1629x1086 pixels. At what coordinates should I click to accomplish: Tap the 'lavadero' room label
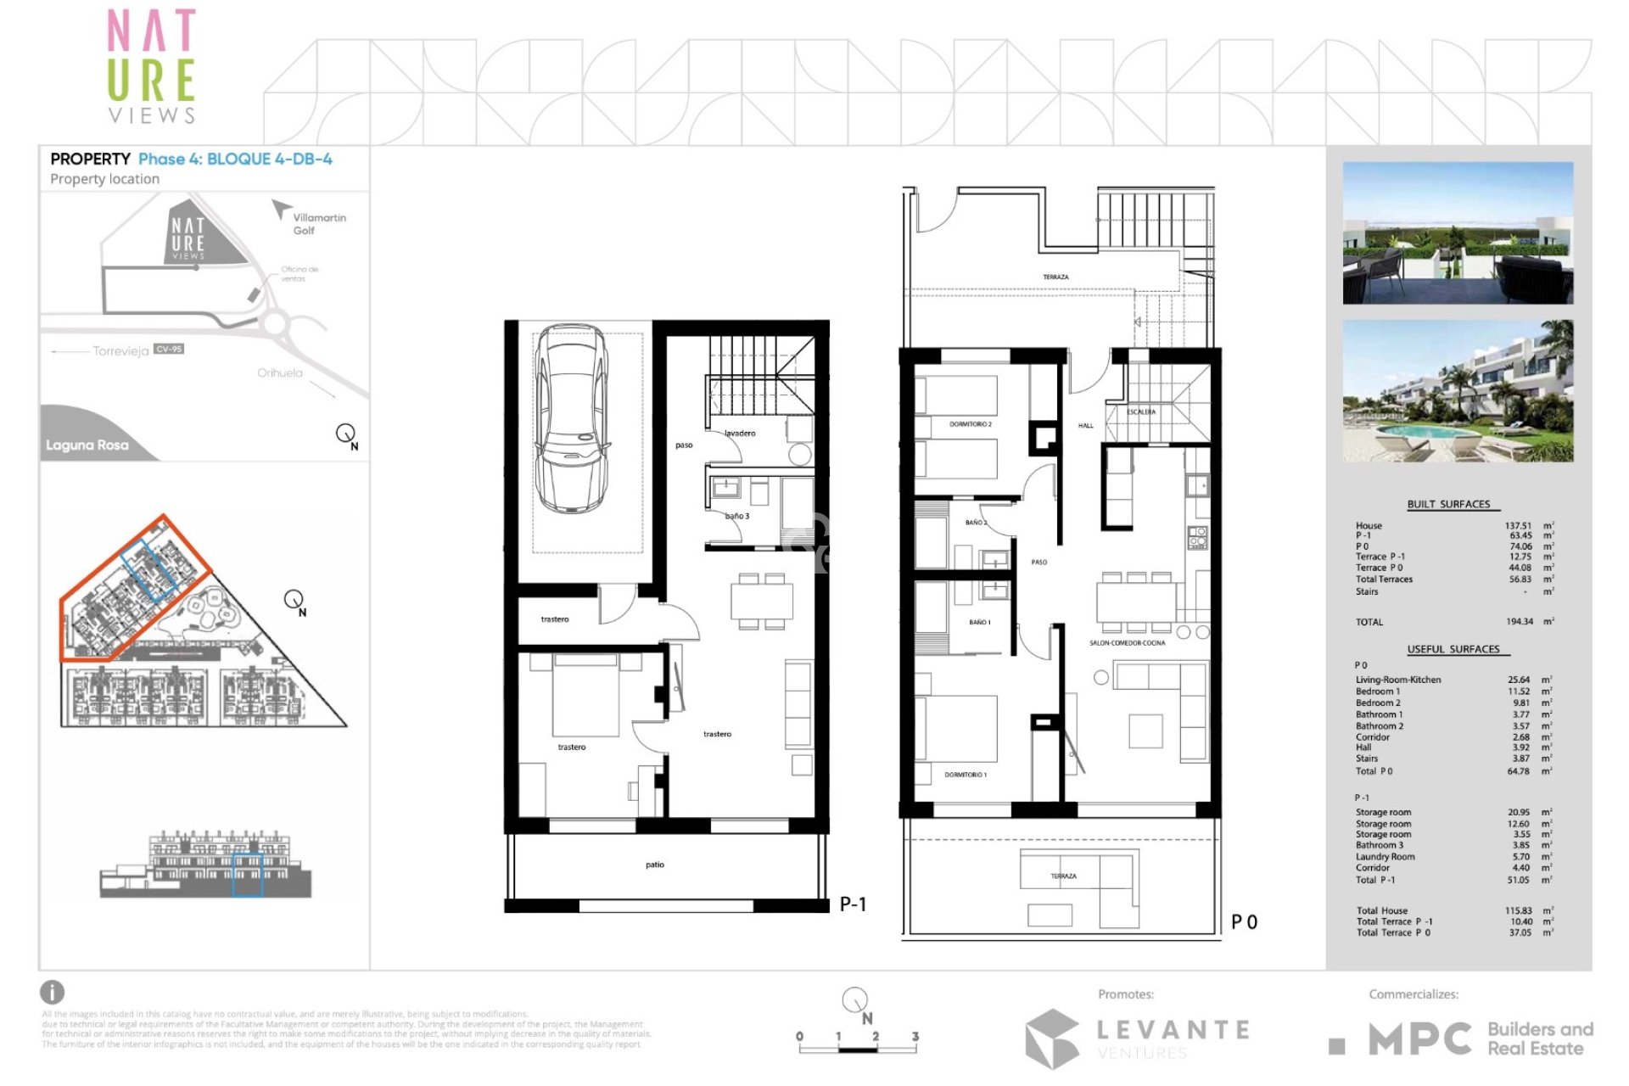tap(740, 434)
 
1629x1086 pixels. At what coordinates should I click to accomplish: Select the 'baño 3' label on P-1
tap(736, 516)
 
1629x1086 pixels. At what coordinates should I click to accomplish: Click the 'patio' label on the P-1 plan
tap(655, 865)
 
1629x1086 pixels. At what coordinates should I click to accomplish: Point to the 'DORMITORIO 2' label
tap(970, 423)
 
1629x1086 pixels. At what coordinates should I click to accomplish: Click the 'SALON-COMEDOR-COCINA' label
tap(1127, 643)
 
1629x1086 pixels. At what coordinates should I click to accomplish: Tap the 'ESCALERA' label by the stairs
tap(1141, 411)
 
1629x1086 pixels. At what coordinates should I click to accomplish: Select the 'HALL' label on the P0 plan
tap(1085, 426)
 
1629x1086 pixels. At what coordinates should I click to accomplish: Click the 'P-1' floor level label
tap(853, 904)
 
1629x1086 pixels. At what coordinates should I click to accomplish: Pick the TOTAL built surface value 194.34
tap(1519, 622)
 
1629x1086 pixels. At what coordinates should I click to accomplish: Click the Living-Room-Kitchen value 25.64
tap(1519, 680)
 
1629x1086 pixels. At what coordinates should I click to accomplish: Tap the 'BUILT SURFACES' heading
tap(1448, 504)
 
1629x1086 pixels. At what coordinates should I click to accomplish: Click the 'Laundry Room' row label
tap(1385, 857)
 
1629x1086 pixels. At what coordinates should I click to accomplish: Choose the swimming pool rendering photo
tap(1458, 391)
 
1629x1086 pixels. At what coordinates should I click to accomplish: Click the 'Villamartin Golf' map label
tap(319, 224)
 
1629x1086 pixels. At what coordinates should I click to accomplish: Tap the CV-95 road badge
tap(169, 349)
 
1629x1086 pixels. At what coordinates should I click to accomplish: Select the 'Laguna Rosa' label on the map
tap(87, 445)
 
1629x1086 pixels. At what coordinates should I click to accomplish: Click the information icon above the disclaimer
tap(52, 992)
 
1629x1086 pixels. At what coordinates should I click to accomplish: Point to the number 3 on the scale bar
tap(915, 1036)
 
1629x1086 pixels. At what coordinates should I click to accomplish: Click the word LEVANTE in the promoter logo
tap(1173, 1030)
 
